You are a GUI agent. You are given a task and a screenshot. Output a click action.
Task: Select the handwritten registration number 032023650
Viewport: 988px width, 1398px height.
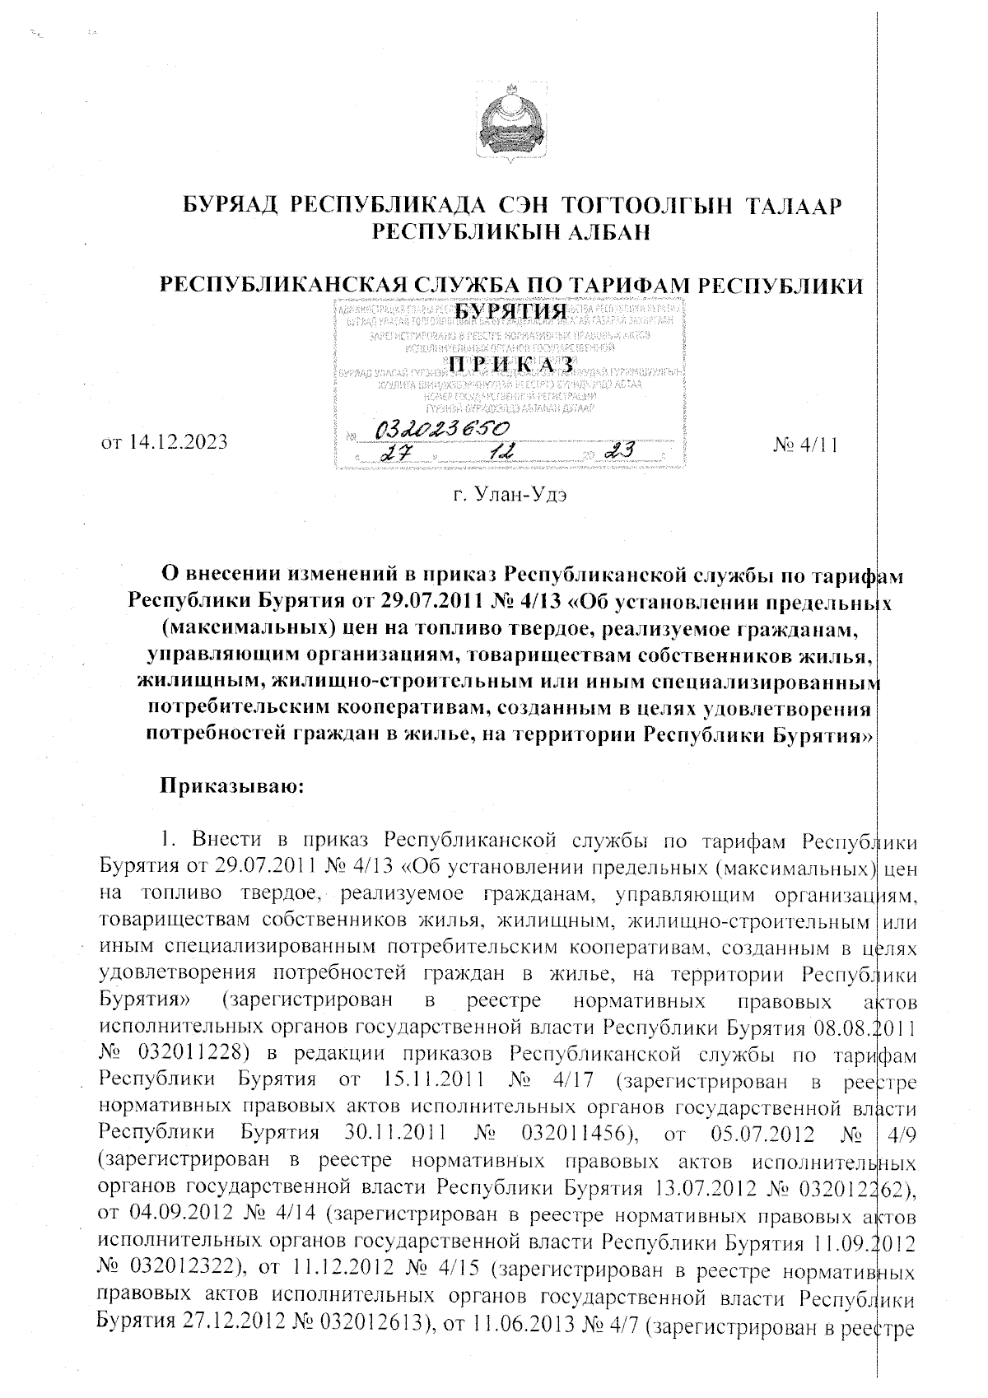pyautogui.click(x=442, y=429)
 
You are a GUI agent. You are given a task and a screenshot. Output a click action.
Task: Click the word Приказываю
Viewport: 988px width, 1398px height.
pyautogui.click(x=232, y=785)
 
